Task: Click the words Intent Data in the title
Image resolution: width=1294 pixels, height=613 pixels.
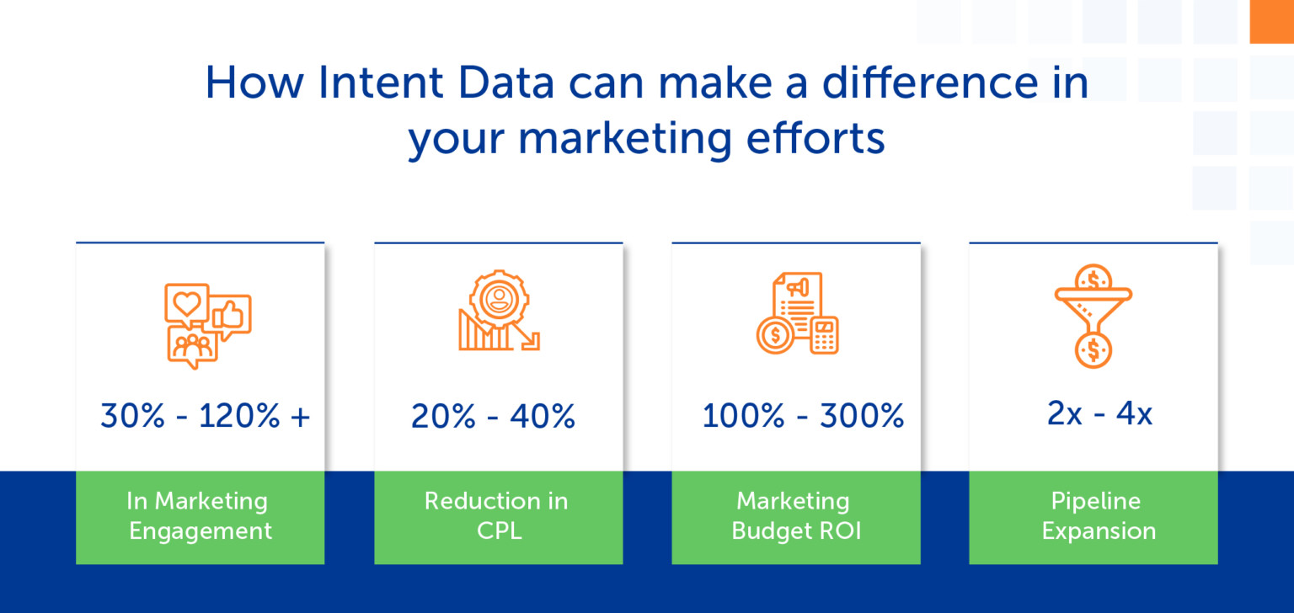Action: (x=433, y=84)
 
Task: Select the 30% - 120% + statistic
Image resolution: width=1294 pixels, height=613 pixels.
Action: (x=205, y=416)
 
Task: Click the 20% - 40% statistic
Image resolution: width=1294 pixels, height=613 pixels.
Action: (x=493, y=416)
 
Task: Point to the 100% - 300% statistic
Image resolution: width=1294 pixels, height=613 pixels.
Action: (x=803, y=416)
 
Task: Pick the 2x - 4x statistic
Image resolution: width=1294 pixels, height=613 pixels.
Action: (x=1099, y=414)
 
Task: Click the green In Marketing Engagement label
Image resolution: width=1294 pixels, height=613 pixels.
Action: (x=200, y=516)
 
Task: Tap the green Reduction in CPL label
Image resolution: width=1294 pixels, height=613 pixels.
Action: (x=497, y=516)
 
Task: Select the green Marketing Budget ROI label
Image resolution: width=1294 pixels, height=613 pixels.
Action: (x=796, y=516)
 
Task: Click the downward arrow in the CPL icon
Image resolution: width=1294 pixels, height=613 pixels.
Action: (x=528, y=337)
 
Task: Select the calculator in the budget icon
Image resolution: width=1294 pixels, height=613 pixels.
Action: (x=823, y=335)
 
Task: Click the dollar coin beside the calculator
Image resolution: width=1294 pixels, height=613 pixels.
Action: (x=774, y=335)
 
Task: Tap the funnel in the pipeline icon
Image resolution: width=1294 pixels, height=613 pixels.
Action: (x=1093, y=299)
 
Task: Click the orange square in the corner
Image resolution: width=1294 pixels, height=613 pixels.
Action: (x=1271, y=21)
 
